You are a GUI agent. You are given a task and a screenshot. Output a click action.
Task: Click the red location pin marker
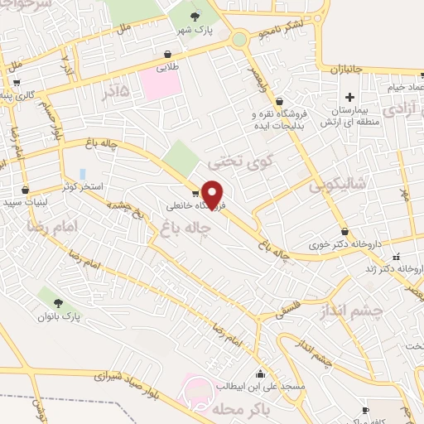pos(213,194)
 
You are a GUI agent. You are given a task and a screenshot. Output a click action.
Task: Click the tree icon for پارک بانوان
pos(57,302)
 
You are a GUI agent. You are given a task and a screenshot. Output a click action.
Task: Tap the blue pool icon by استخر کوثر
pos(82,174)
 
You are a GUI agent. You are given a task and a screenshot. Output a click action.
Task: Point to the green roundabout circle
pos(239,39)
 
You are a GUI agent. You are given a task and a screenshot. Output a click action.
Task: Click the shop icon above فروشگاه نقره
pos(279,101)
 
